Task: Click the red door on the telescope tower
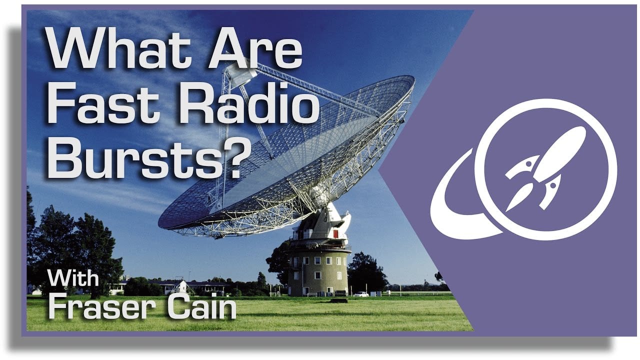tap(335, 234)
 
